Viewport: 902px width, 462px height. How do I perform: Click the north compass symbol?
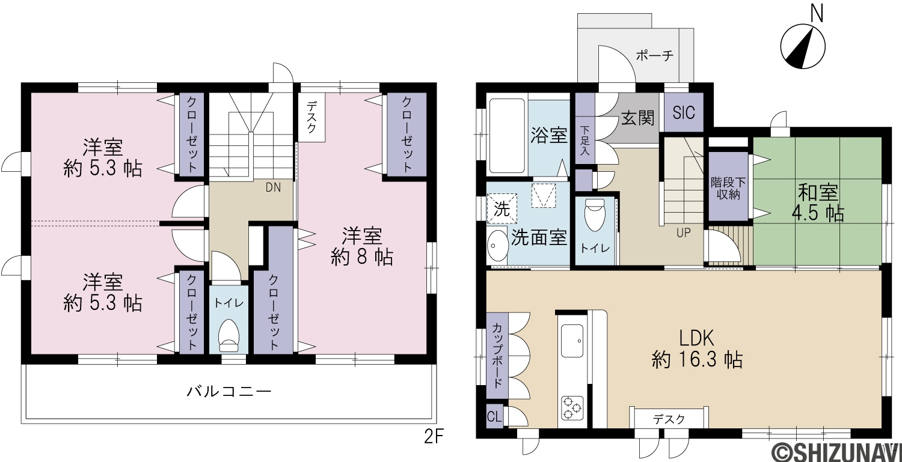[x=803, y=47]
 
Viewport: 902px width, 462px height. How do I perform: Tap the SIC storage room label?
[x=683, y=113]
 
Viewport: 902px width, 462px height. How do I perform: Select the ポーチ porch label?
[x=655, y=55]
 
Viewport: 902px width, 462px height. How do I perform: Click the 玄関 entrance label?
[x=638, y=118]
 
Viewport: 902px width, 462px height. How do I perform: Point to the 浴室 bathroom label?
[x=549, y=135]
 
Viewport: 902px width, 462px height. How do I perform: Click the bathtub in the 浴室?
[x=507, y=136]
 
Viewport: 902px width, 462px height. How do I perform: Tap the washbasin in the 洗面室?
[x=498, y=246]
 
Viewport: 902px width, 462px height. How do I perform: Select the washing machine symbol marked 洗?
[x=502, y=208]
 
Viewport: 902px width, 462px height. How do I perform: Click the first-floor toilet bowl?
[x=595, y=215]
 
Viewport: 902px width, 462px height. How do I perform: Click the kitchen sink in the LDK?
[x=572, y=341]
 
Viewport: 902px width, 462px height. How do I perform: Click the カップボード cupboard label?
[x=497, y=355]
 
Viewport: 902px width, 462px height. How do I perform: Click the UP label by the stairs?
[x=683, y=233]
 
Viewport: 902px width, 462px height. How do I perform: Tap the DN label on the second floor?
[x=273, y=187]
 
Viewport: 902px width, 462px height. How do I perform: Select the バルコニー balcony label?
[x=229, y=391]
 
